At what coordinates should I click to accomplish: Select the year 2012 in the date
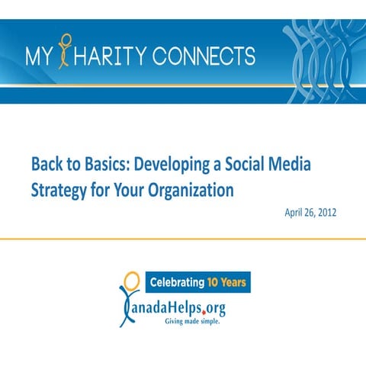click(x=326, y=210)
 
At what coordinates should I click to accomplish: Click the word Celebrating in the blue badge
click(x=175, y=283)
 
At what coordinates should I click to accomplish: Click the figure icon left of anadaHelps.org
click(x=128, y=297)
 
